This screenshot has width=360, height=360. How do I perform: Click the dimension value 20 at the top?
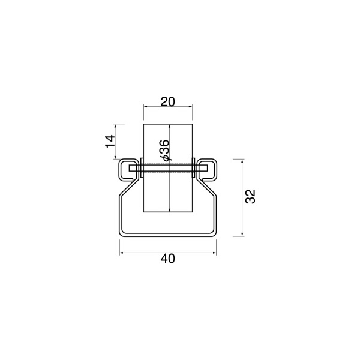point(167,102)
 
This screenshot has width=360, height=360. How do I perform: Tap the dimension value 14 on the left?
point(110,142)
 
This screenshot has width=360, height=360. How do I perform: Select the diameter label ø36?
point(164,150)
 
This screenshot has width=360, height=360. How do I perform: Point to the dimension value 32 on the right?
point(250,196)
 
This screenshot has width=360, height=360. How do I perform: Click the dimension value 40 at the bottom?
point(168,259)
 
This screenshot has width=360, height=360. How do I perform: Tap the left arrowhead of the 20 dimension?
point(145,106)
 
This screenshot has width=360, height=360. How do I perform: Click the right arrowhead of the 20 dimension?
point(191,106)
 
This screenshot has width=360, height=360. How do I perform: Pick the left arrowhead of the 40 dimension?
point(121,253)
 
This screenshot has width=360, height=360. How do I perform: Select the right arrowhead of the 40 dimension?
point(215,253)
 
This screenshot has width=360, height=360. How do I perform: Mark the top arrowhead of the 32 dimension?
point(242,161)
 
